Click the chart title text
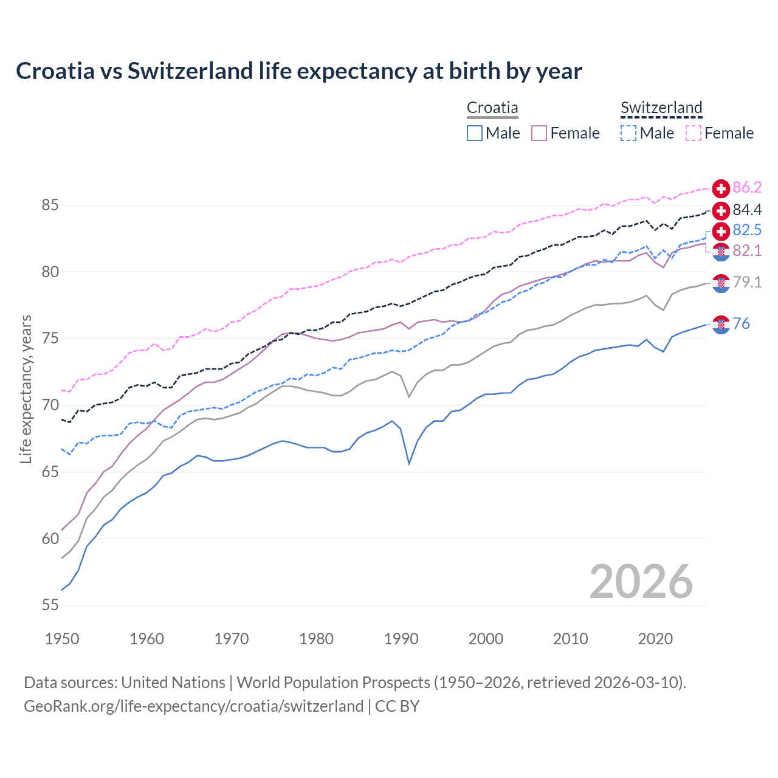click(298, 71)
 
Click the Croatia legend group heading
click(492, 108)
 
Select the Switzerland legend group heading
click(661, 108)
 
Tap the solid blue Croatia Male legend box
click(475, 133)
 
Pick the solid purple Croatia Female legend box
click(539, 133)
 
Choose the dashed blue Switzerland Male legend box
click(628, 133)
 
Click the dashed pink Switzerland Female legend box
click(693, 133)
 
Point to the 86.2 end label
click(747, 188)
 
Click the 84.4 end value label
click(747, 210)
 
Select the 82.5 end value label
click(747, 230)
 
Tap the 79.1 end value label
click(747, 283)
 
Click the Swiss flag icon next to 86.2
click(721, 188)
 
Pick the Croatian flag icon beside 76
click(721, 325)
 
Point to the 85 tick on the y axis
click(50, 205)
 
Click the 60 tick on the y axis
click(50, 539)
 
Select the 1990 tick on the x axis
click(401, 639)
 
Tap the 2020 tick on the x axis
click(655, 639)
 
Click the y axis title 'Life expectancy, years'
click(26, 389)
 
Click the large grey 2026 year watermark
click(641, 582)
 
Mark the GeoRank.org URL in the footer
click(193, 706)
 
